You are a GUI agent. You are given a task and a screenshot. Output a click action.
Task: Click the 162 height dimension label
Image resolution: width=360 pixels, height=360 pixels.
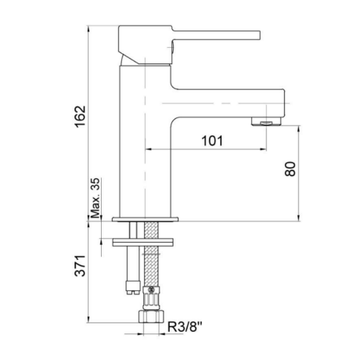[80, 117]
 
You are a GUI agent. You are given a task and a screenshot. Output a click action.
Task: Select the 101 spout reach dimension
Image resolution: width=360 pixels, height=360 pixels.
[212, 141]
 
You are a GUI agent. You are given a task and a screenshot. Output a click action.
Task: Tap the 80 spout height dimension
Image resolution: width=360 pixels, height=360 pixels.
[290, 169]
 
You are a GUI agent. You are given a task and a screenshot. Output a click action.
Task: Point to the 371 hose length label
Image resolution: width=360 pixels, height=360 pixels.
[80, 265]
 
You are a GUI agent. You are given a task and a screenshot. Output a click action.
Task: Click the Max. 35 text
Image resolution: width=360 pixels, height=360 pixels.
[95, 198]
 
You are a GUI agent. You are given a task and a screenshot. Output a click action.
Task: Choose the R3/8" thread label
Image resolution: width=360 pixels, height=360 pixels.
[185, 327]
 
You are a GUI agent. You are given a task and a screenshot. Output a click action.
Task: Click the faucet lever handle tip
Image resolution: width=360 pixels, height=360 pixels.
[259, 35]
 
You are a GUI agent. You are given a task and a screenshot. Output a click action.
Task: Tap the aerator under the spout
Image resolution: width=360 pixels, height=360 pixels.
[266, 121]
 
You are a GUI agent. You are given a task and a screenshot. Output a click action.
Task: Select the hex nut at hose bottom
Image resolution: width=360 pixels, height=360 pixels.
[151, 316]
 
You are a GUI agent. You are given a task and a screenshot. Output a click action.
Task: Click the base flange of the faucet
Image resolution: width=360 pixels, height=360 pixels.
[146, 219]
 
